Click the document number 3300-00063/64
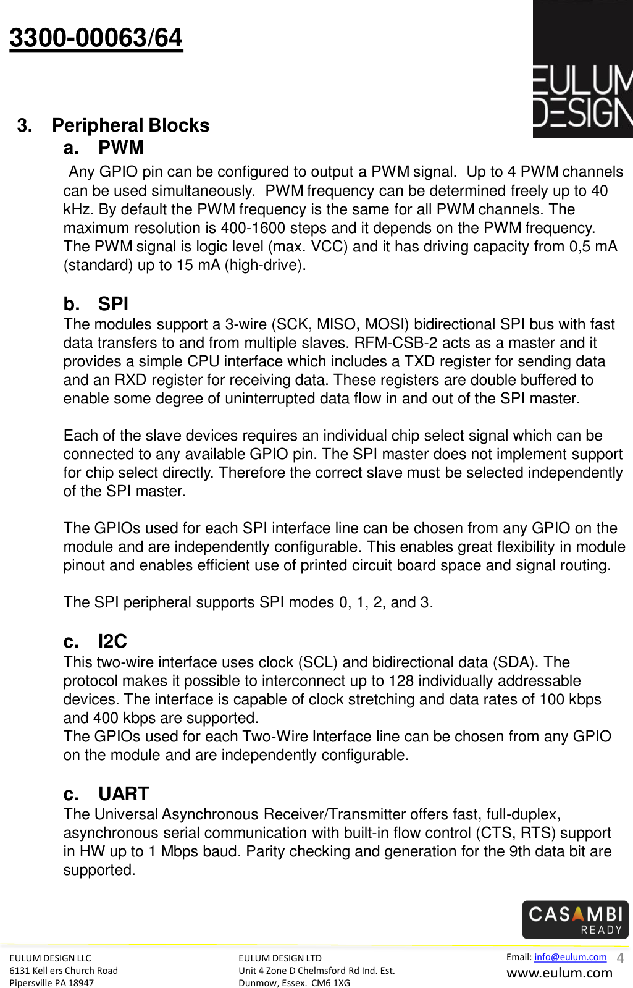pos(96,38)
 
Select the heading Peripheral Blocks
pos(130,125)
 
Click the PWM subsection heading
pos(120,148)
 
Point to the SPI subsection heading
pos(113,304)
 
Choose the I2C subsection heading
pos(112,641)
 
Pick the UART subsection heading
pos(124,794)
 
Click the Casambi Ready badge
pos(575,919)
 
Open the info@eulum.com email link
pos(570,957)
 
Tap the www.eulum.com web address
pos(560,973)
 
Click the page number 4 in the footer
pos(620,958)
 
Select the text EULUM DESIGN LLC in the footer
pos(50,958)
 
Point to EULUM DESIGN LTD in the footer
pos(280,958)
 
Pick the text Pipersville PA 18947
pos(52,983)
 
